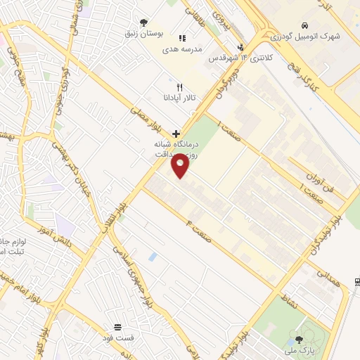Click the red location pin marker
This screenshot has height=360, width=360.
180,167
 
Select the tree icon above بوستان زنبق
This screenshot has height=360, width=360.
144,22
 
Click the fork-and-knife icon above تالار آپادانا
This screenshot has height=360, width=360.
180,86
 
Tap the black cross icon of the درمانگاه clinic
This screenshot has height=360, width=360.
176,133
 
